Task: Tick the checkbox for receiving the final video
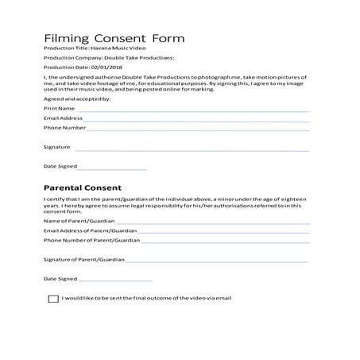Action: click(53, 299)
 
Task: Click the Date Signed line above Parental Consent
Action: click(113, 168)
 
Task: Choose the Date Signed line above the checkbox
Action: click(115, 280)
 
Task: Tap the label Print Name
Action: click(60, 108)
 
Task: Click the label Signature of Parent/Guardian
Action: click(83, 260)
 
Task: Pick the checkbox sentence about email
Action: click(146, 298)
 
